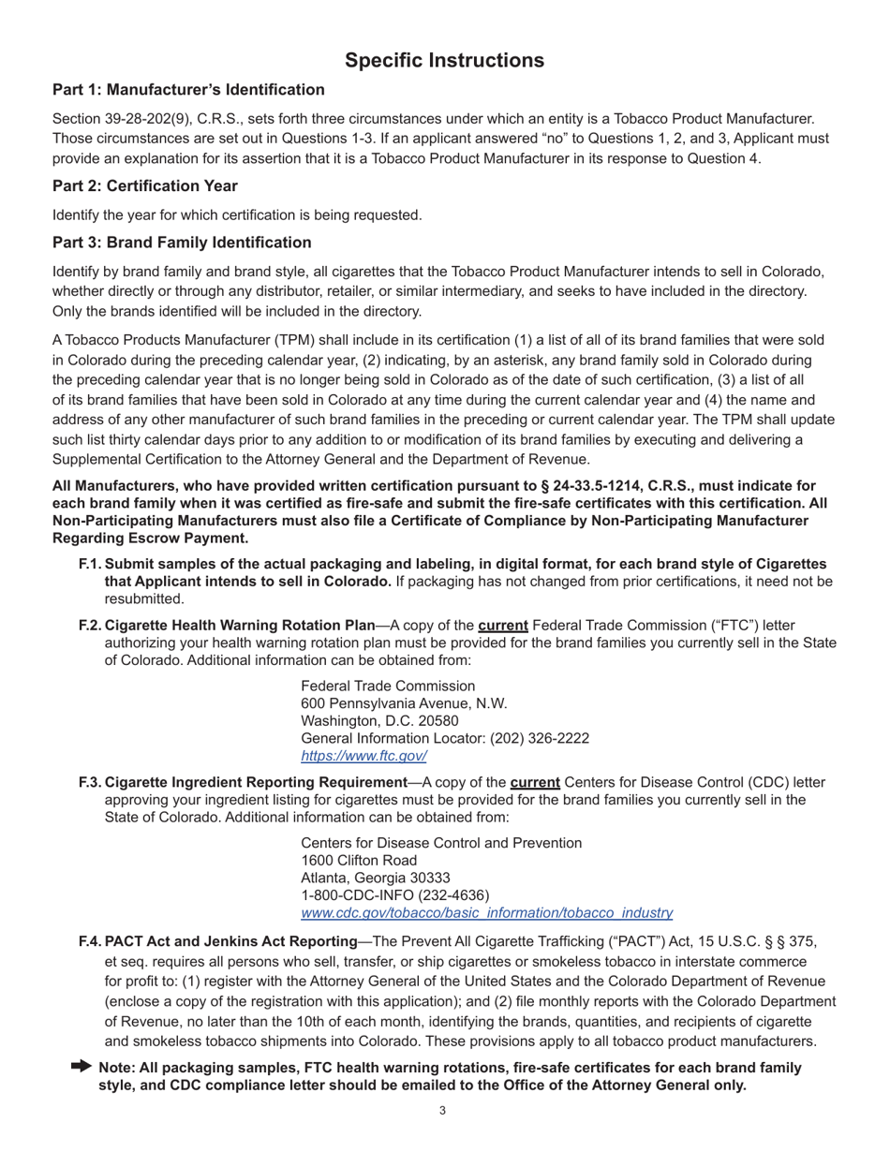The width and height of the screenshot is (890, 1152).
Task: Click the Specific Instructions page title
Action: (444, 61)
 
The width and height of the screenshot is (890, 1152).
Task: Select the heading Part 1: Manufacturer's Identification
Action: (188, 90)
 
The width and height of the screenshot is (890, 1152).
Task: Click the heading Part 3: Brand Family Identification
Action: (182, 243)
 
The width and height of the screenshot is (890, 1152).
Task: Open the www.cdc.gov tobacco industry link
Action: (486, 912)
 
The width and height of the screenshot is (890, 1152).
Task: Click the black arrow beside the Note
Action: (81, 1066)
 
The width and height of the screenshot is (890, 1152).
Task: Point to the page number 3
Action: (442, 1112)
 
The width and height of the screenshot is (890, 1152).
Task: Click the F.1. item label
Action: (90, 564)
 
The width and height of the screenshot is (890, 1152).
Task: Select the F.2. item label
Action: (90, 625)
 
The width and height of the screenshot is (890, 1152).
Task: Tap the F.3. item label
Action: (90, 782)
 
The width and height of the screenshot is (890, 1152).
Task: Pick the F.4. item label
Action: (90, 940)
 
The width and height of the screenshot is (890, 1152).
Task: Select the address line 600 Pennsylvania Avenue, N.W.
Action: (404, 703)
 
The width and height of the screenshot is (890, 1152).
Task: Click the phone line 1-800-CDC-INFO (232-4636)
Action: (394, 895)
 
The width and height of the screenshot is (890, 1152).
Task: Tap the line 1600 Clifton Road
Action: (359, 860)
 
